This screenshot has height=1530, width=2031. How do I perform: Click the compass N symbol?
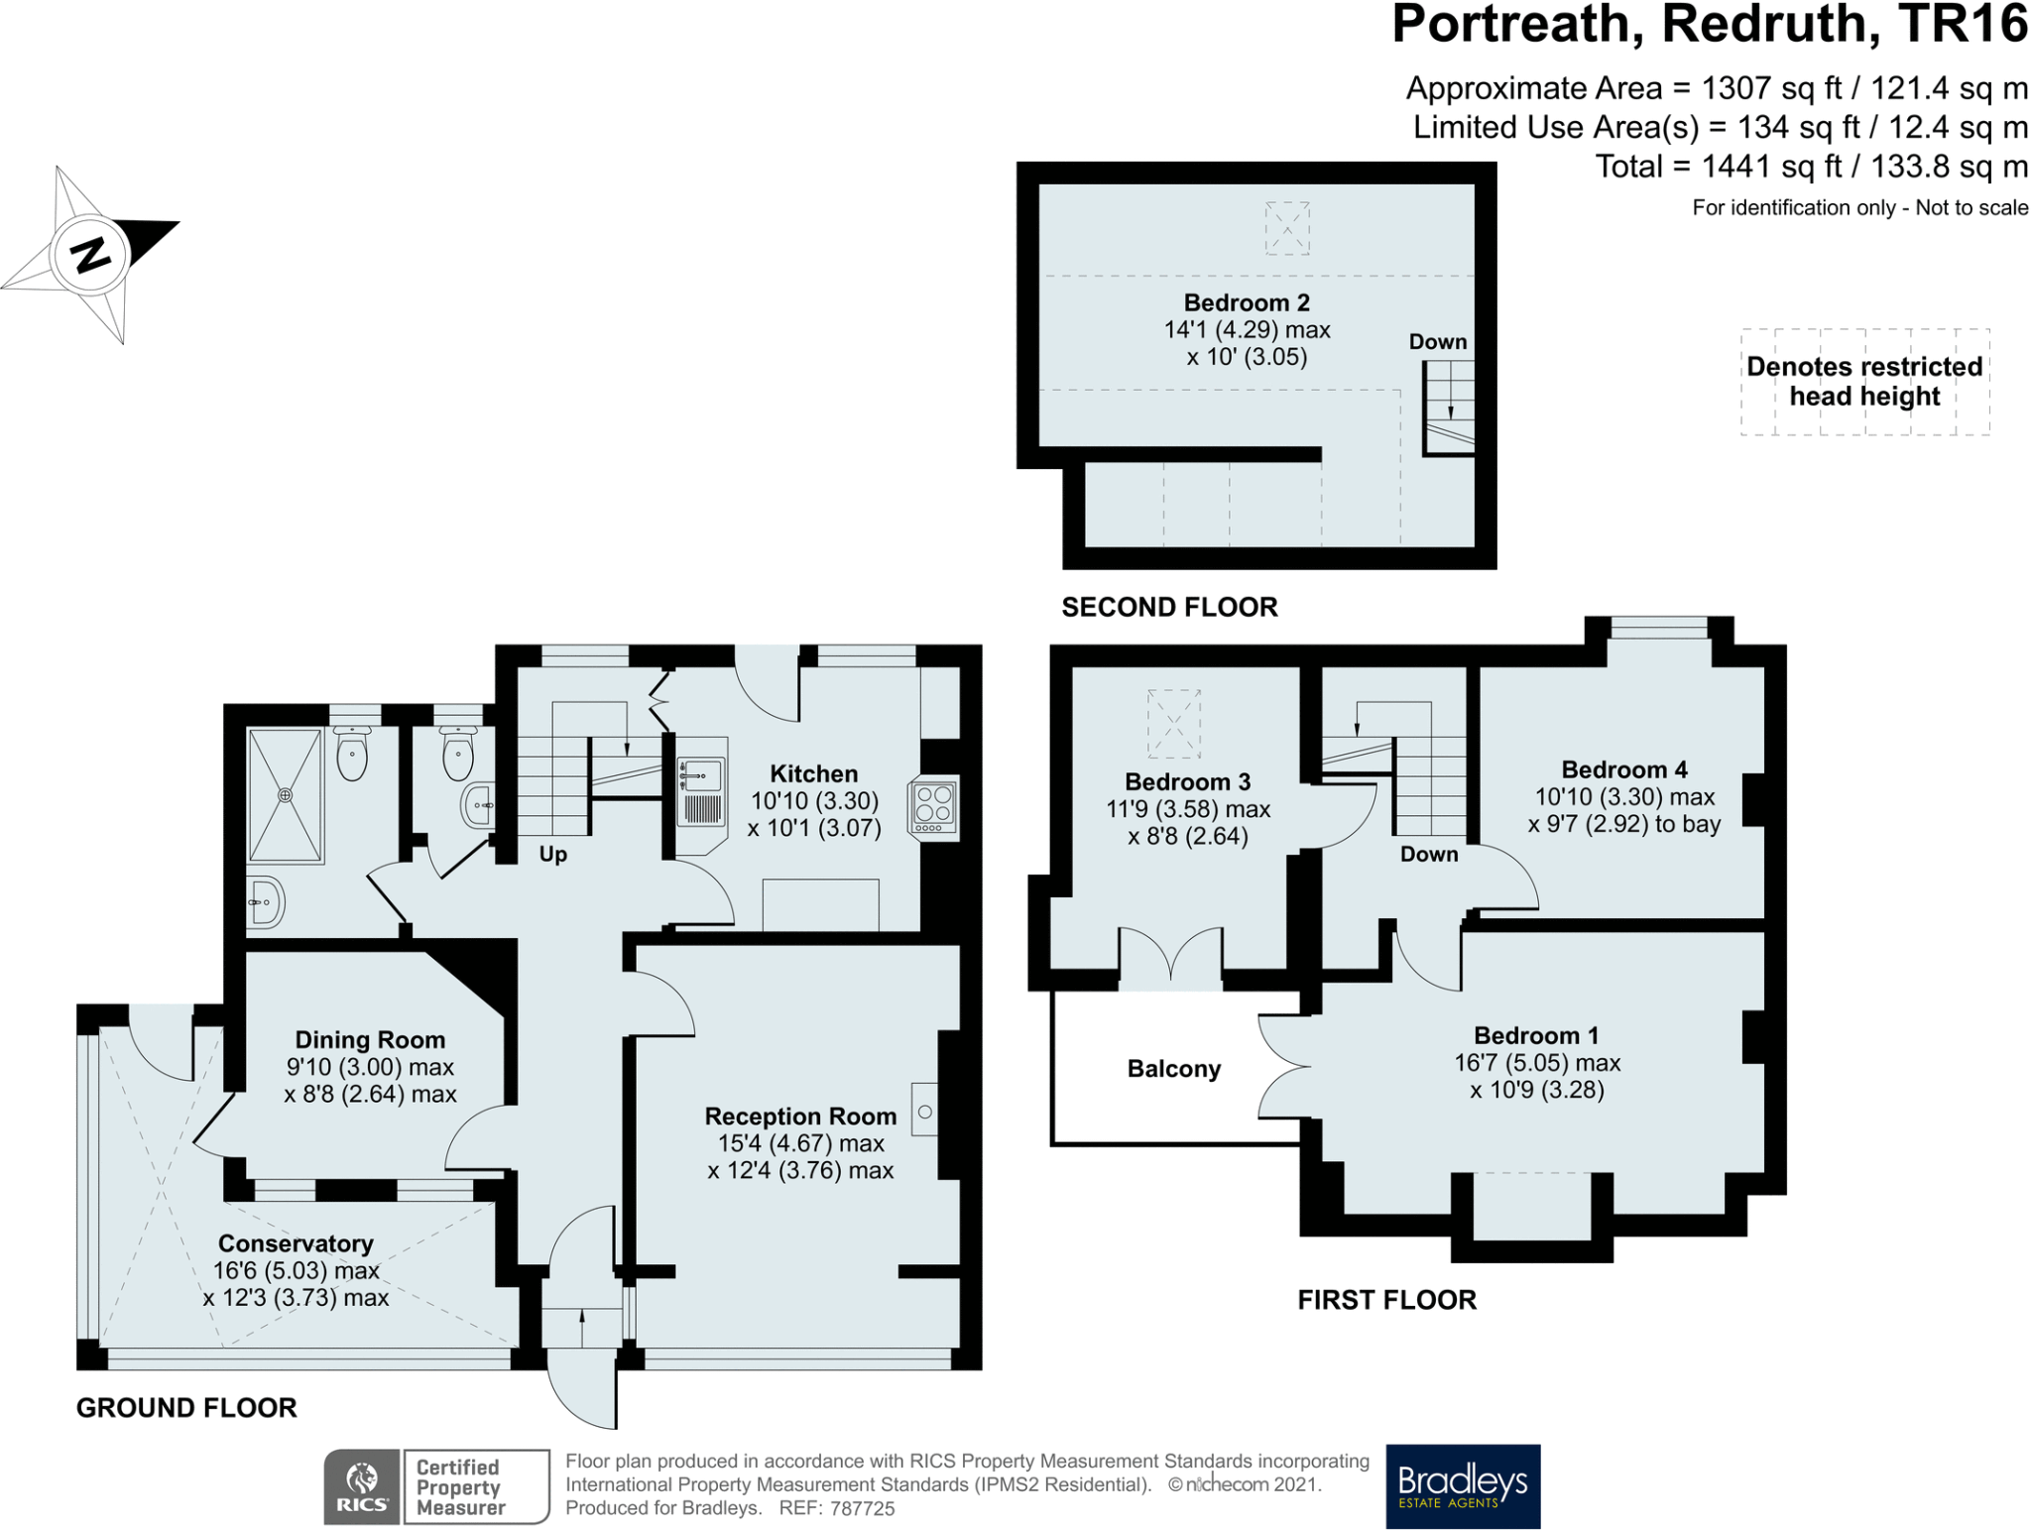click(x=91, y=255)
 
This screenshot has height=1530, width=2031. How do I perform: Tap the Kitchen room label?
click(x=813, y=773)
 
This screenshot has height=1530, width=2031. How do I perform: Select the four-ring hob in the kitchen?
click(x=933, y=807)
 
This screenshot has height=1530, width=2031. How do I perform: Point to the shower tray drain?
click(x=286, y=795)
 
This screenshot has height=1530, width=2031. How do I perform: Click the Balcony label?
click(x=1173, y=1069)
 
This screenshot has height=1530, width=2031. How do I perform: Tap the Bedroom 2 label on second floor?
click(x=1247, y=302)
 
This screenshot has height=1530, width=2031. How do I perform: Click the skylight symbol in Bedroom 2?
click(x=1287, y=228)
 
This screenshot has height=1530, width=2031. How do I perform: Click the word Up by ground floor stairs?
click(x=552, y=855)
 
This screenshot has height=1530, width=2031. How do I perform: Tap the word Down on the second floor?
click(x=1437, y=342)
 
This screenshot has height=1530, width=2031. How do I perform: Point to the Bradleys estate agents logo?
click(x=1463, y=1485)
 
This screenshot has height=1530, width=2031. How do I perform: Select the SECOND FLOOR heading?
click(x=1169, y=607)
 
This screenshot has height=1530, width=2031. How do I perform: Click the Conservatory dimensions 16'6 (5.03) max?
click(x=296, y=1270)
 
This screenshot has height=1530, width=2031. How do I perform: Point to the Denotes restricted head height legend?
click(x=1863, y=382)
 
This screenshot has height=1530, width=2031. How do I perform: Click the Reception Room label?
click(x=800, y=1117)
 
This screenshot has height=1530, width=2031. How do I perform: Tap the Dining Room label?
click(x=370, y=1039)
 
